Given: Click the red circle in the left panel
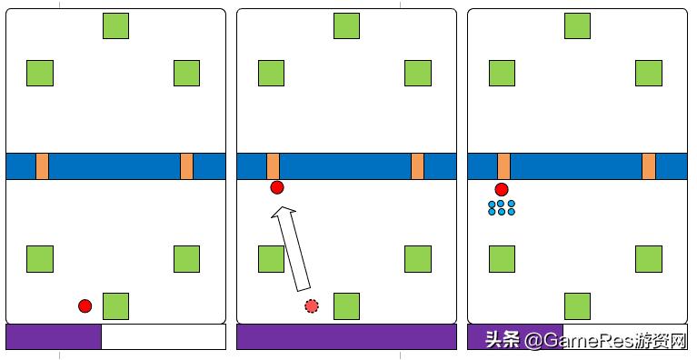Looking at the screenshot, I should (85, 306).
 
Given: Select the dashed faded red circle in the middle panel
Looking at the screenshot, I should (312, 306).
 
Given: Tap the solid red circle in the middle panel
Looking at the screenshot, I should (277, 187).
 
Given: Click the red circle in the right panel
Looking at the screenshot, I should (502, 190).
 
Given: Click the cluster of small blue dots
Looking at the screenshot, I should (502, 208).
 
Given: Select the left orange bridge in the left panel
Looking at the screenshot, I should (42, 166).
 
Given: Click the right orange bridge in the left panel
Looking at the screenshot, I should (186, 166).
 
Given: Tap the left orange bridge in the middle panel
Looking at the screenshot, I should (273, 166).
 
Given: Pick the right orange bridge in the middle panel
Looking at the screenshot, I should (417, 166).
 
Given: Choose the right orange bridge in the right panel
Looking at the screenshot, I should (649, 166).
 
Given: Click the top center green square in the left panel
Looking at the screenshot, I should (115, 25).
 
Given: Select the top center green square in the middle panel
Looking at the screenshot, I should (346, 25).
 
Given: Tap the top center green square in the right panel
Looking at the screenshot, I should (577, 25).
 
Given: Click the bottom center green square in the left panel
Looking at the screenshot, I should (115, 306).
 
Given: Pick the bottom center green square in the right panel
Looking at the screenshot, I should (577, 306).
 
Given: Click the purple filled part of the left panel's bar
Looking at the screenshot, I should (54, 337).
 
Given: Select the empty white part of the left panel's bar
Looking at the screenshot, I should (164, 337).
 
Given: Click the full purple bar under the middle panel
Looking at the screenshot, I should (346, 337).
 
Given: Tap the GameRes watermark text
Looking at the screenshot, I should (587, 341).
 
